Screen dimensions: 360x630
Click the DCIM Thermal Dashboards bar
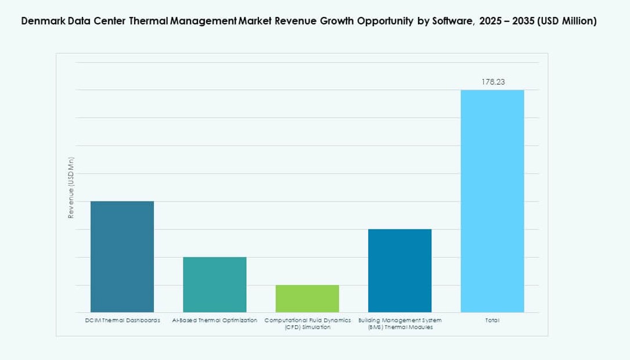click(122, 257)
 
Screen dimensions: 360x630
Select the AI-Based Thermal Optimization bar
click(214, 285)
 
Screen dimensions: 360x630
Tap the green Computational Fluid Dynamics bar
click(307, 298)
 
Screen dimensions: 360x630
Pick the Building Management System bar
click(399, 271)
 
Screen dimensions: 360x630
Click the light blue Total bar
click(492, 201)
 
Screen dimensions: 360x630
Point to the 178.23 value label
click(493, 82)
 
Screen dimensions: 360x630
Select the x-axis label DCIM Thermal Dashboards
click(122, 321)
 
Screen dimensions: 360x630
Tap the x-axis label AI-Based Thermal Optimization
click(214, 321)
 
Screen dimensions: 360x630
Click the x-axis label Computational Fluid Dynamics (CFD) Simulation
click(307, 324)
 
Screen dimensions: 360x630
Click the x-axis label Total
click(492, 321)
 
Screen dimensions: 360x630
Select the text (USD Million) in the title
click(567, 21)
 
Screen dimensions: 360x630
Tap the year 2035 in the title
click(523, 21)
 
